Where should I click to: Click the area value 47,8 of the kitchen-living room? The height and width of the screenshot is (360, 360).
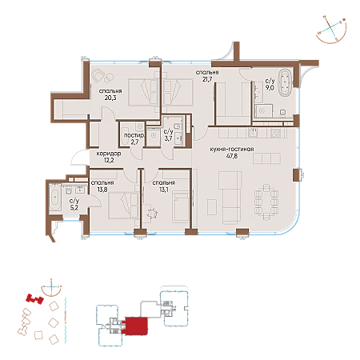(232, 156)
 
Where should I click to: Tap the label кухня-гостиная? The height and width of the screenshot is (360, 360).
(232, 149)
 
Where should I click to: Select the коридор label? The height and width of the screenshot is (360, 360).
(109, 154)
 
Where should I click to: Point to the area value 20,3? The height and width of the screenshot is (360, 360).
(110, 98)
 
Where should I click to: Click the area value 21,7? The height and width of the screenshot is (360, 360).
(207, 79)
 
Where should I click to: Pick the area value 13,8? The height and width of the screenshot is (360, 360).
(102, 190)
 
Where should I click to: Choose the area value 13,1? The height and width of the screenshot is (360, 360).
(163, 190)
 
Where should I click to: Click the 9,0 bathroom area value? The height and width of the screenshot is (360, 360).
(270, 87)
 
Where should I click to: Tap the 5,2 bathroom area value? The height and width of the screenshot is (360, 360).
(74, 207)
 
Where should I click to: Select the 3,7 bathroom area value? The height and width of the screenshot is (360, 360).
(168, 138)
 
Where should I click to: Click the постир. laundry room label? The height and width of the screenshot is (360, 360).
(134, 135)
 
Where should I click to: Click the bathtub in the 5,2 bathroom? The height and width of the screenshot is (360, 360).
(55, 197)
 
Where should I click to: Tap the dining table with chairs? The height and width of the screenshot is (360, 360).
(266, 202)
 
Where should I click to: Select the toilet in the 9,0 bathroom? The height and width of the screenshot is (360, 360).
(282, 113)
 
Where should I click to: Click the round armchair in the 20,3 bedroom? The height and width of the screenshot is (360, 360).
(98, 76)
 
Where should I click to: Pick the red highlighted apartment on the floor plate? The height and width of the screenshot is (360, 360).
(136, 326)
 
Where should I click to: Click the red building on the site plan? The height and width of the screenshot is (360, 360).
(34, 299)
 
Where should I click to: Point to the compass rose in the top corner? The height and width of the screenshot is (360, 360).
(331, 30)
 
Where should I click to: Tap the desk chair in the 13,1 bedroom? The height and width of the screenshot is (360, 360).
(152, 213)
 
